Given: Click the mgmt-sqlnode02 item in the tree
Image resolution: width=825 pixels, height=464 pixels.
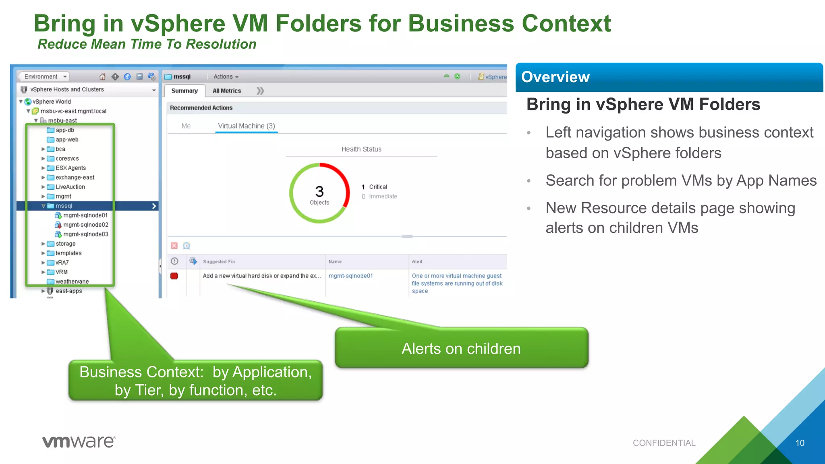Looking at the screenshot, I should (x=85, y=225).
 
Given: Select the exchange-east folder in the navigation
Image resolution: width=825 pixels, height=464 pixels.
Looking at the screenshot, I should (x=75, y=177).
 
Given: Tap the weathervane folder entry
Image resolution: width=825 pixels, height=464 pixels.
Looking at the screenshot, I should (x=72, y=282).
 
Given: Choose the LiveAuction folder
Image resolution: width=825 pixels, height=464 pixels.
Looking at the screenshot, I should (x=70, y=187).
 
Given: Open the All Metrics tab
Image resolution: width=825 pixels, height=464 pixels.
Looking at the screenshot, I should (x=227, y=91).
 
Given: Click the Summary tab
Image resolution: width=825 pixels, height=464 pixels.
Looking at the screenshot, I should (x=184, y=91).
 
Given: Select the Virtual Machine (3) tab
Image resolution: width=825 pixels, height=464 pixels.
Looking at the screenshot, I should (x=246, y=126).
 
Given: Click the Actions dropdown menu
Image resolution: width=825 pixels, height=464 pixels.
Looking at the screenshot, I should (x=226, y=77).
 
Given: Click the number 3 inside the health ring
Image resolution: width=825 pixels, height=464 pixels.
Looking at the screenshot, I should (x=319, y=191).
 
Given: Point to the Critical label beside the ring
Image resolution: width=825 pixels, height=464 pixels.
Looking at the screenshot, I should (x=378, y=187).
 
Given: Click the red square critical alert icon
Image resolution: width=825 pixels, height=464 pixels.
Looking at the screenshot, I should (x=174, y=276).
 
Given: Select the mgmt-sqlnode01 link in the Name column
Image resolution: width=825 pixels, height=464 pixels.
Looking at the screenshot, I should (x=350, y=276).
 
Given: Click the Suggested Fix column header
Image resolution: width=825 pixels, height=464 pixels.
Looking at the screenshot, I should (x=219, y=261).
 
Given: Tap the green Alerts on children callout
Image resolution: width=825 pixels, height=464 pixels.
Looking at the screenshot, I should (x=461, y=348).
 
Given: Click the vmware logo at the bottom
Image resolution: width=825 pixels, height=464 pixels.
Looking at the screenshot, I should (x=79, y=441).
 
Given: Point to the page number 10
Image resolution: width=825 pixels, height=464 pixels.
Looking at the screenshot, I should (x=800, y=443).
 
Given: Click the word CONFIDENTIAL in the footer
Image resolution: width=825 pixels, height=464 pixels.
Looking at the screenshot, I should (x=664, y=443).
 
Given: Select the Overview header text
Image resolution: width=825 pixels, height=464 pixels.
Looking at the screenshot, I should (x=555, y=77).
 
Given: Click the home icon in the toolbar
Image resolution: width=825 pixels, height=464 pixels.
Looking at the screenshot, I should (x=102, y=77).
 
